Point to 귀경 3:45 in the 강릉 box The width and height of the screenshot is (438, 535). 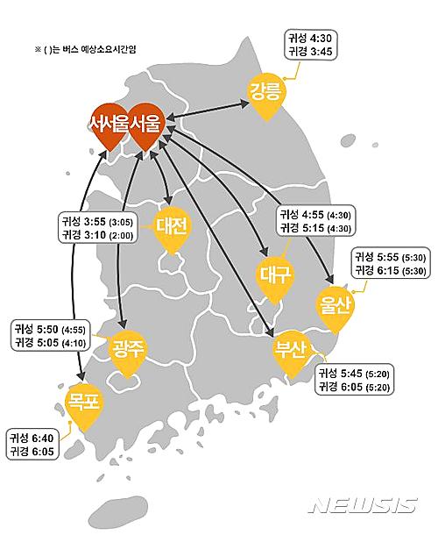309,53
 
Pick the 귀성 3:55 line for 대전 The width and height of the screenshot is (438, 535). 96,222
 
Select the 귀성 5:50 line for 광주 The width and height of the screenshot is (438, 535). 49,328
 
